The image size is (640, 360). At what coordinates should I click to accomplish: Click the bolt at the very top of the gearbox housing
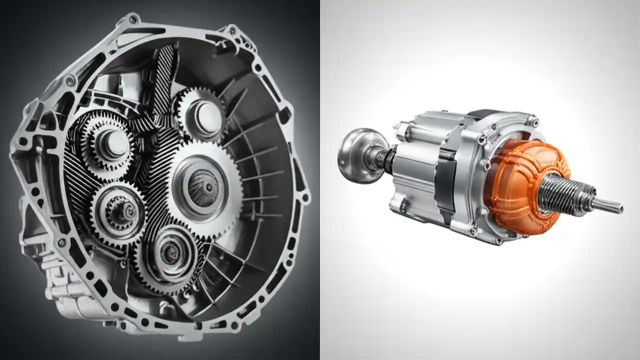(133, 19)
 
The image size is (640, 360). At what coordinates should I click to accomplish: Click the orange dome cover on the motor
(520, 185)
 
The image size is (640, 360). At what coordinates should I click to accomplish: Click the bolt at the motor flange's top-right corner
(533, 121)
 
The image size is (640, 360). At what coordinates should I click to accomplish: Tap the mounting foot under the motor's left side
(400, 205)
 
